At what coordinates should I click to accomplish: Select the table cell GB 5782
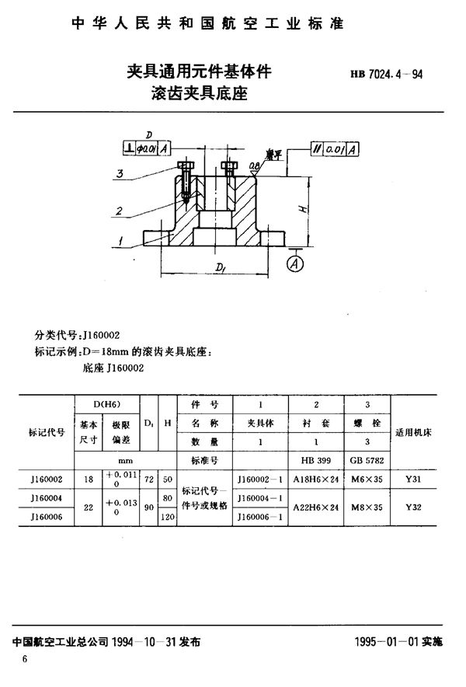coord(365,460)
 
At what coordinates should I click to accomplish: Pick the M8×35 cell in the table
coord(365,507)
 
